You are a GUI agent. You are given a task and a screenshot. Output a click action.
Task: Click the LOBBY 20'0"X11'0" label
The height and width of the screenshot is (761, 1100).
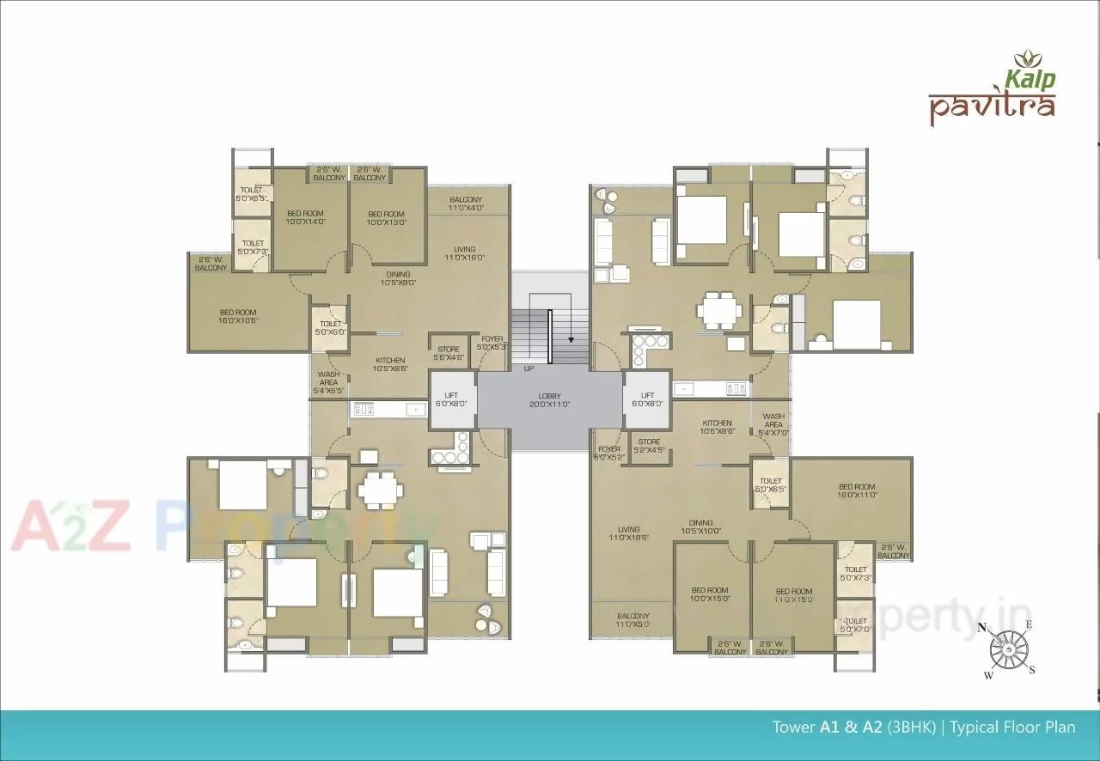549,399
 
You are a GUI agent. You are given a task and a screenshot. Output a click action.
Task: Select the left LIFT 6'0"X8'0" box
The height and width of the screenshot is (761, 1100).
451,399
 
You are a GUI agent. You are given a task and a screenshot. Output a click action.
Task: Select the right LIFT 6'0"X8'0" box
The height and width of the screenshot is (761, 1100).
647,399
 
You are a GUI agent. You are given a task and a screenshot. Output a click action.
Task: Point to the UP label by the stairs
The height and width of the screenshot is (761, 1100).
529,368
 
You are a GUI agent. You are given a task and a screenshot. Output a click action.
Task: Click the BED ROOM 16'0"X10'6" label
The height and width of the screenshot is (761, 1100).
238,316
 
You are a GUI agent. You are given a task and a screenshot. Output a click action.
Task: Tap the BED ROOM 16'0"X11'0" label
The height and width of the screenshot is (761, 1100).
857,490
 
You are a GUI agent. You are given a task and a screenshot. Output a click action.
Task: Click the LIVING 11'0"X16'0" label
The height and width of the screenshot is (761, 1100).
465,252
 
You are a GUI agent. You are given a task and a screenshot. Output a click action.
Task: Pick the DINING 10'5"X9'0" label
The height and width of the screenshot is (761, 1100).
398,278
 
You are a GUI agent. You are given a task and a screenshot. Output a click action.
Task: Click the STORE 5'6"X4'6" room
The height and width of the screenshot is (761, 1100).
448,352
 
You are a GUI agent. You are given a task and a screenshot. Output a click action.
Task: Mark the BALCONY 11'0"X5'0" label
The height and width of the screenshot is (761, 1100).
632,620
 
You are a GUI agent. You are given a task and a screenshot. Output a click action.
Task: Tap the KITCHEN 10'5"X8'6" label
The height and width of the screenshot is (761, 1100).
389,364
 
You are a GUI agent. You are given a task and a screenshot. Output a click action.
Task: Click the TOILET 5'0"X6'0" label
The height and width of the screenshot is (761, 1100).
330,327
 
